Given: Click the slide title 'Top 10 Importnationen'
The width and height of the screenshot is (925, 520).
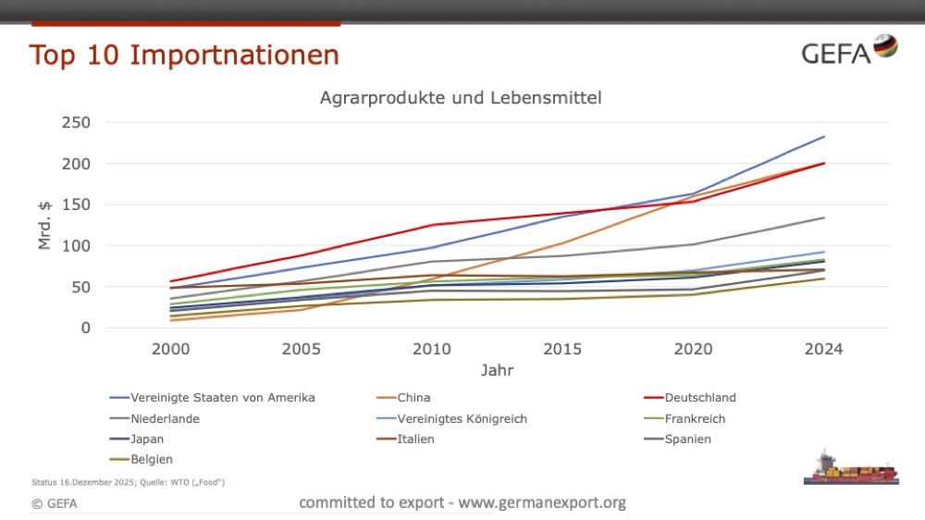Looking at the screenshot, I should [184, 55].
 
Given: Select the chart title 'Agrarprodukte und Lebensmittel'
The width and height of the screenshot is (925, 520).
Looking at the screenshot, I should [461, 97].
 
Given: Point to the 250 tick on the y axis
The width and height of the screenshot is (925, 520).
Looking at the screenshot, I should [77, 122].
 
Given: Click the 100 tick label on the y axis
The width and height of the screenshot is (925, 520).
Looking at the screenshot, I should [77, 245].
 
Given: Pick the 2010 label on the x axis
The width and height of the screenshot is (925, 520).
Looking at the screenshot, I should [432, 349].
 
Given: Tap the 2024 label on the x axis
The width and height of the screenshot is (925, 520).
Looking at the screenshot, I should [823, 349].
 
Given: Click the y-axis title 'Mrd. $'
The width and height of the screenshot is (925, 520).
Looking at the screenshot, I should [43, 225].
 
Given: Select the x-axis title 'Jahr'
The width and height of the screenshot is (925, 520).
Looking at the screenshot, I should [497, 370].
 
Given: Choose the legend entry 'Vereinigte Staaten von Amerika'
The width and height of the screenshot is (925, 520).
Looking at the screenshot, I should [223, 398].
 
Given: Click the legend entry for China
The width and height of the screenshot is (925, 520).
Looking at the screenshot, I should [413, 398].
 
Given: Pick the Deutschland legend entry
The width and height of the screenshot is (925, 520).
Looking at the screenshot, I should [699, 398].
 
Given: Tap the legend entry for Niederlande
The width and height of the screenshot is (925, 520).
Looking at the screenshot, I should [166, 418].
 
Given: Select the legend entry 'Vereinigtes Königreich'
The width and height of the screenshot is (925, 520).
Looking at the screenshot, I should [462, 418].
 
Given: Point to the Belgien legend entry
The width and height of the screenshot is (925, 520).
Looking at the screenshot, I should [152, 459].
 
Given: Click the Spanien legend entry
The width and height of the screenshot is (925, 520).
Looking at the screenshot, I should [687, 439].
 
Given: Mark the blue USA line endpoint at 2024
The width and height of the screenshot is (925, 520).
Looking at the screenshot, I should [824, 137].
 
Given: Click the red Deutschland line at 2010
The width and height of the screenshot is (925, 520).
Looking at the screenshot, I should [432, 225].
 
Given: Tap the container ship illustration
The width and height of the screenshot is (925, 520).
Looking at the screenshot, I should [850, 468].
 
